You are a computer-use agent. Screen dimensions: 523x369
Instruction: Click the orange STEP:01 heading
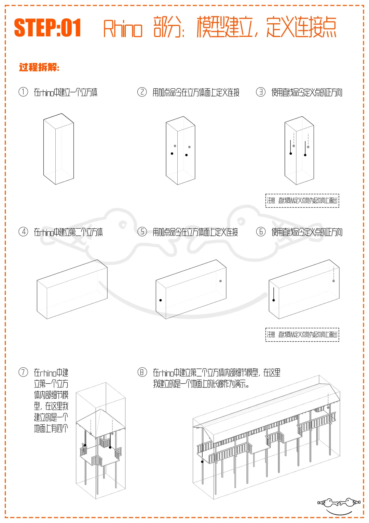pyautogui.click(x=47, y=28)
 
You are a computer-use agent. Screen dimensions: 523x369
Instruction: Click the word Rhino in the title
pyautogui.click(x=123, y=29)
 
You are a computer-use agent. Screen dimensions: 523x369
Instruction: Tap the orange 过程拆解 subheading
pyautogui.click(x=39, y=67)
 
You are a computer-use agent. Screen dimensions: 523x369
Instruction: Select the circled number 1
pyautogui.click(x=23, y=92)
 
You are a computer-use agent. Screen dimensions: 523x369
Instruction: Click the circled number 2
pyautogui.click(x=142, y=92)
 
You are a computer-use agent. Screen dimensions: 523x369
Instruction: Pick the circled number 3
pyautogui.click(x=261, y=92)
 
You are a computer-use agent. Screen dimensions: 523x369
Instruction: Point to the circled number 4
pyautogui.click(x=23, y=232)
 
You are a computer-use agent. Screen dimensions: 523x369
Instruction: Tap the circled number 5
pyautogui.click(x=142, y=232)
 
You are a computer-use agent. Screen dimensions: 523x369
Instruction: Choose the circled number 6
pyautogui.click(x=261, y=232)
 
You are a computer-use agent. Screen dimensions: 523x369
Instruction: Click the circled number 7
pyautogui.click(x=23, y=372)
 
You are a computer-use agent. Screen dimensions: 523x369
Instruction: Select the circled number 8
pyautogui.click(x=142, y=372)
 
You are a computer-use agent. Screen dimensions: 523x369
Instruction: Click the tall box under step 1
pyautogui.click(x=58, y=149)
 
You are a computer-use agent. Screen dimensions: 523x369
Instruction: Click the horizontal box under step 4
pyautogui.click(x=72, y=289)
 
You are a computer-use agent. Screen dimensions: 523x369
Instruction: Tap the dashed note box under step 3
pyautogui.click(x=302, y=200)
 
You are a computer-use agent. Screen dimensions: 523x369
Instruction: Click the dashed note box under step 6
pyautogui.click(x=302, y=334)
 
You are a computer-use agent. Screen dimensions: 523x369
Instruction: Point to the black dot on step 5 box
pyautogui.click(x=161, y=300)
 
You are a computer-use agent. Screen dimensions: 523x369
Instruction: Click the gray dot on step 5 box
pyautogui.click(x=220, y=281)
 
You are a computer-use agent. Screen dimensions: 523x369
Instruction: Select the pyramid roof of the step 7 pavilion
pyautogui.click(x=101, y=419)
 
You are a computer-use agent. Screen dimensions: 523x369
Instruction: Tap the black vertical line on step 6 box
pyautogui.click(x=274, y=294)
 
